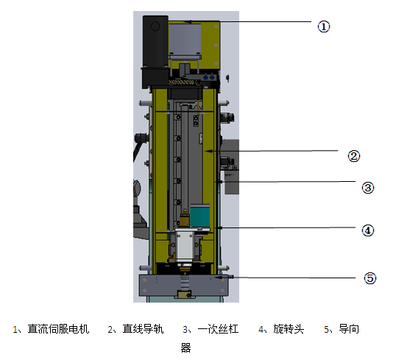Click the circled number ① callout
[324, 27]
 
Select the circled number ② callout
[354, 156]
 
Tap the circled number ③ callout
[368, 188]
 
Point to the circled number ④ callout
[368, 230]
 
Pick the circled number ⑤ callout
[370, 278]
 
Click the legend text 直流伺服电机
[58, 329]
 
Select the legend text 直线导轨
[144, 329]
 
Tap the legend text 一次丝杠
[218, 329]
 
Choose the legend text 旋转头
[289, 329]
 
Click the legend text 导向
[349, 329]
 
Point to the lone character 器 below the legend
[186, 348]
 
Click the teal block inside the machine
[199, 216]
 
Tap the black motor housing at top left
[155, 52]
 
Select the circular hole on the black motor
[155, 26]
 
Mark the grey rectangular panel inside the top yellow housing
[185, 39]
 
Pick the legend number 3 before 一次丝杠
[185, 329]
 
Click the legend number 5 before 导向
[326, 329]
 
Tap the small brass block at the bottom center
[184, 294]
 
